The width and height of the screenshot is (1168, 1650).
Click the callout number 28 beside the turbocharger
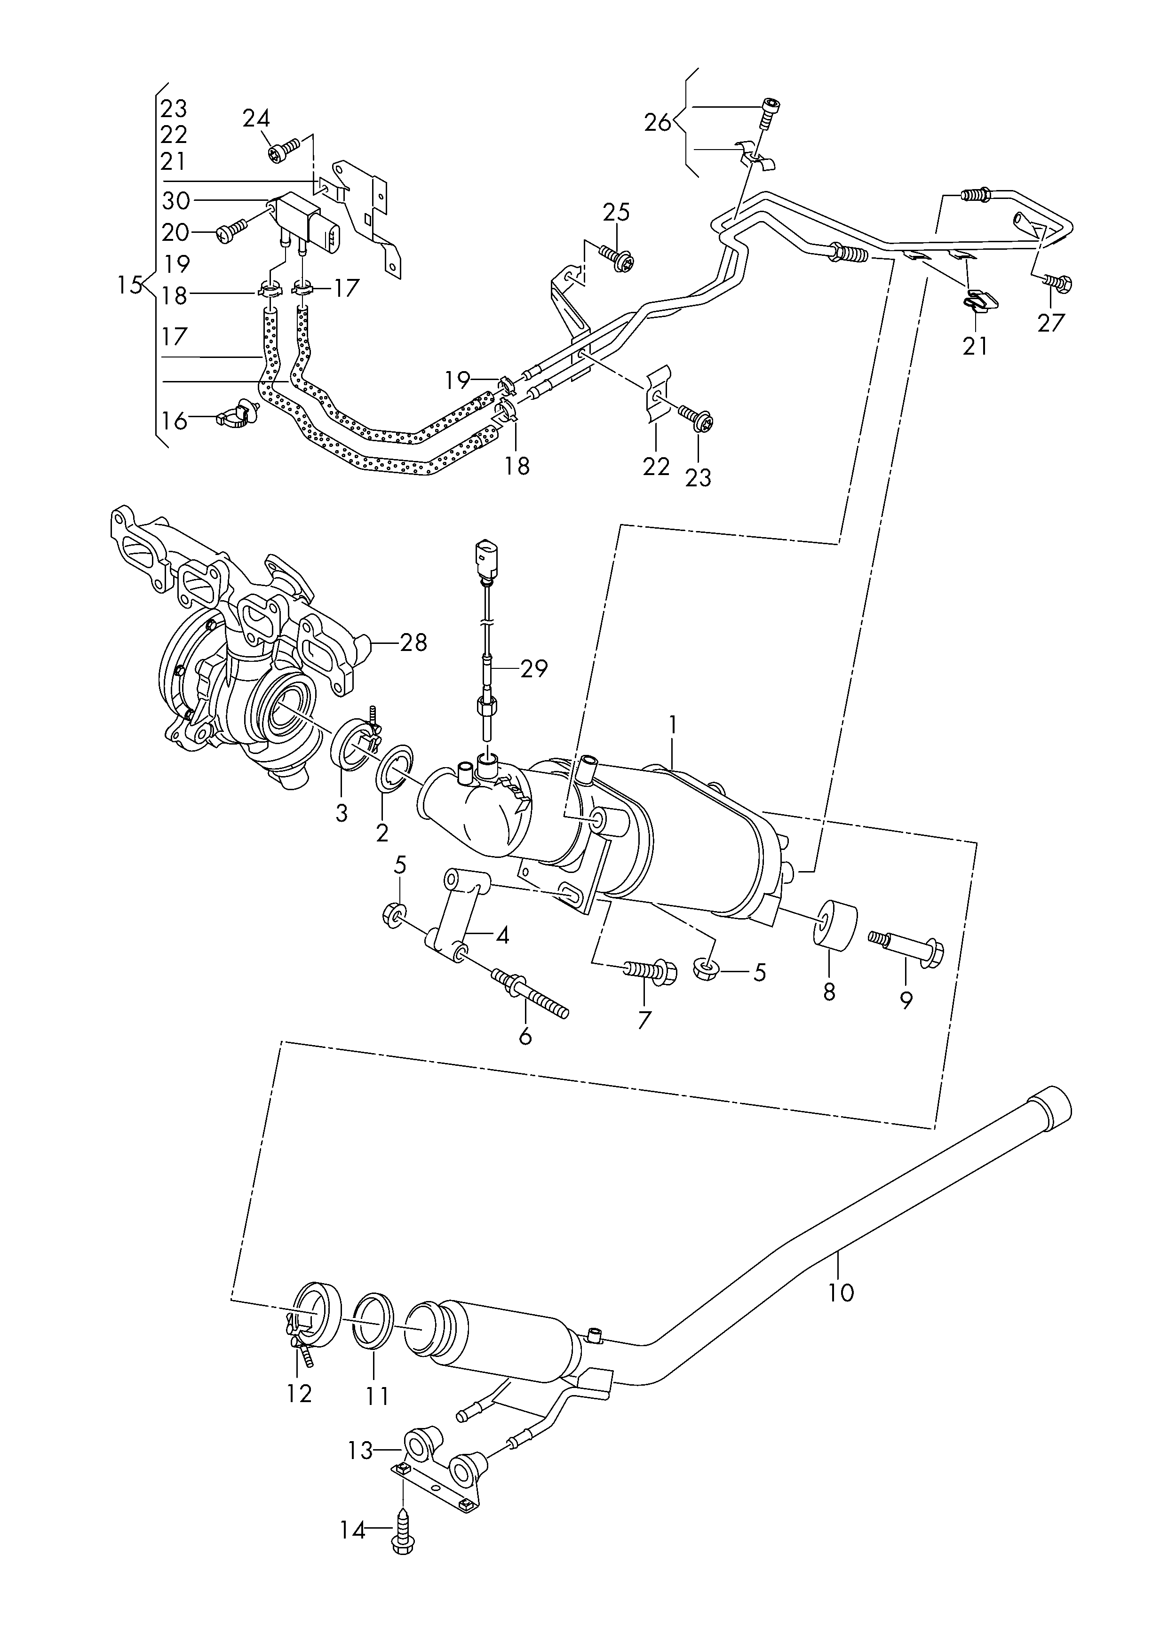413,642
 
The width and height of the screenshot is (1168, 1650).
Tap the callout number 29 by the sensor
533,669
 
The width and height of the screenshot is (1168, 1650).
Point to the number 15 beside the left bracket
130,286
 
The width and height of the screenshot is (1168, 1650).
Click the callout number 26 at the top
657,122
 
